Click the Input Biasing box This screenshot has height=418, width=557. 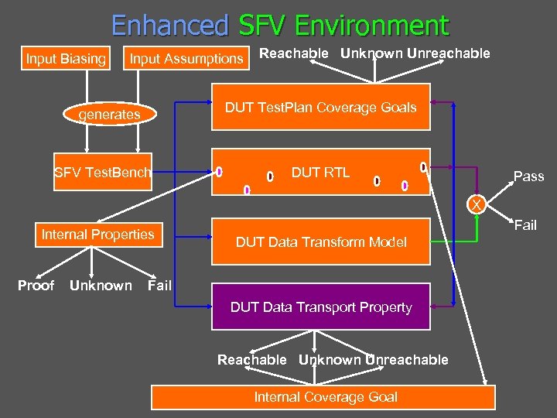pos(66,58)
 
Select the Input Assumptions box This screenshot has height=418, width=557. pos(186,58)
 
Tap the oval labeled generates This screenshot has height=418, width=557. pos(110,115)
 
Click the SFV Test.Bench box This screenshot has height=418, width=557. pos(102,172)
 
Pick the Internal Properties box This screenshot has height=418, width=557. pos(98,235)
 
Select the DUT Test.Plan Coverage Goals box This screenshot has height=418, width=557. pos(320,108)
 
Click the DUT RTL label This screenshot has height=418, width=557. pos(320,172)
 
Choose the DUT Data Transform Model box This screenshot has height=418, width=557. pos(320,242)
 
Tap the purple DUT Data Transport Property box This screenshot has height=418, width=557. pos(320,307)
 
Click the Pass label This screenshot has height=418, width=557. pos(528,176)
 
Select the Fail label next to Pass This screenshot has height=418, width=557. pos(525,225)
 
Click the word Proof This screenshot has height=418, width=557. pos(36,286)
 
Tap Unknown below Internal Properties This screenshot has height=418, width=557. pos(101,286)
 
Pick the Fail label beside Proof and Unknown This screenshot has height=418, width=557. pos(159,286)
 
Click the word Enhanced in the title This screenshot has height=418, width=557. pos(170,26)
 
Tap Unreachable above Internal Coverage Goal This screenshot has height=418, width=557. pos(407,360)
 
